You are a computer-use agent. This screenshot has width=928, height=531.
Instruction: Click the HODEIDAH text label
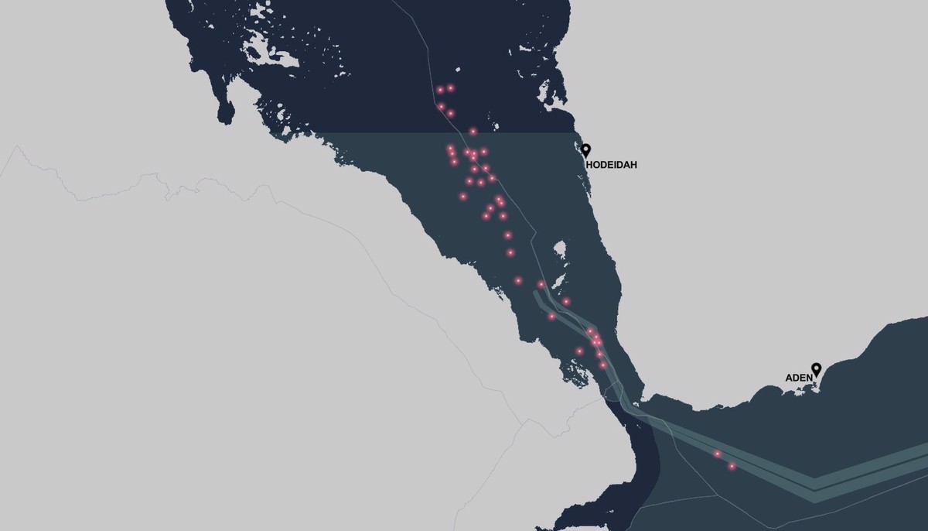pos(611,165)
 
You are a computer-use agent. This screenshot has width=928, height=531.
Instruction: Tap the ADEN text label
pos(799,378)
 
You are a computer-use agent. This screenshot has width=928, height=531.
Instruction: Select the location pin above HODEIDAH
pos(586,150)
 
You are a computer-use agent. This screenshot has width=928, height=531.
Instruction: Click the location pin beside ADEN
pos(816,369)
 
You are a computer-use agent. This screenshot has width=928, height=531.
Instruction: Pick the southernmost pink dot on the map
pos(732,466)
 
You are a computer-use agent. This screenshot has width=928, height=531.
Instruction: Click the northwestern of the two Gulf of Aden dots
pos(718,454)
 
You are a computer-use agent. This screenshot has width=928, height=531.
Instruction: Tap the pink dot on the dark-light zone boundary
pos(473,132)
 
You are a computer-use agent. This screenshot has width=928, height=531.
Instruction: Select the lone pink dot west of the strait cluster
pos(579,351)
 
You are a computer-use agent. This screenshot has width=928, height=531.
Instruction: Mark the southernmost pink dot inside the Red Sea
pos(603,365)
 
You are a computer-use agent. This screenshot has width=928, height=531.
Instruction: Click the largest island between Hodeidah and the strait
pos(560,251)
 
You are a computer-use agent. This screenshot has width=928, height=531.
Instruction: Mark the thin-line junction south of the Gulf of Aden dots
pos(715,495)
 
